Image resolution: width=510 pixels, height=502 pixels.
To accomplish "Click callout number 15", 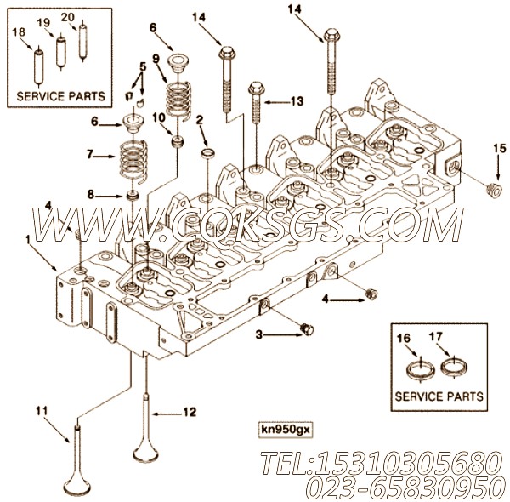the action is tap(500, 149).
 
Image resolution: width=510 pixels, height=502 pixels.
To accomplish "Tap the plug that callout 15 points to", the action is tap(493, 190).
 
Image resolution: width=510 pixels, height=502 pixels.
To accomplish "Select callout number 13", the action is tap(297, 101).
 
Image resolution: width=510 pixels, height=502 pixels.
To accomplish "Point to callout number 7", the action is tap(90, 154).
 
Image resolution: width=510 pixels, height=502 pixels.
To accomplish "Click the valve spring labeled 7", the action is tap(133, 159).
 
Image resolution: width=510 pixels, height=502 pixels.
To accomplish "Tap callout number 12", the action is tap(190, 412).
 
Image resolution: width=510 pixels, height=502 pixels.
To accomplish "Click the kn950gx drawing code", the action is tap(286, 430).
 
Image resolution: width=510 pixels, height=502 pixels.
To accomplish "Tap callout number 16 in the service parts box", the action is tap(404, 339).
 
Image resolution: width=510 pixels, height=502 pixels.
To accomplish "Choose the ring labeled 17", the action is tap(454, 367).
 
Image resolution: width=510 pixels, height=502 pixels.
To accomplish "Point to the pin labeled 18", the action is tap(39, 66).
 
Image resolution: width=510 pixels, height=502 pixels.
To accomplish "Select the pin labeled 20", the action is tap(83, 42).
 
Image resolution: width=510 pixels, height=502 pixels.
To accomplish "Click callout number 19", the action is tap(43, 23).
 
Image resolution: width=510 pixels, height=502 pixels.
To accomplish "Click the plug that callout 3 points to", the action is tap(307, 329).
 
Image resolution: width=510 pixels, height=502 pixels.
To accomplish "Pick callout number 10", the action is tap(159, 118).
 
